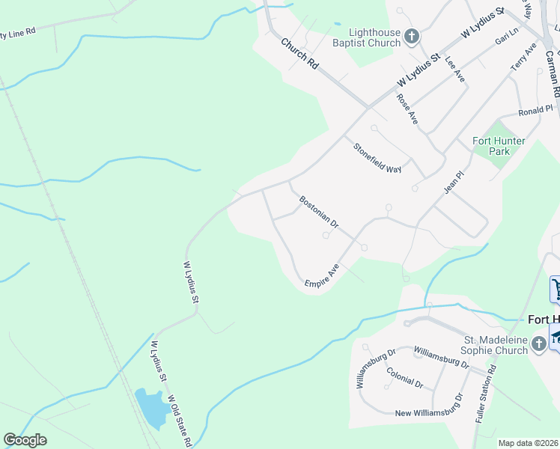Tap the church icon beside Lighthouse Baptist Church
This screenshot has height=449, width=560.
point(411,36)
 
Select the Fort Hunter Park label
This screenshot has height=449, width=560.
point(499,145)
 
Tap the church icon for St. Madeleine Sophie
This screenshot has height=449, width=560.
point(538,344)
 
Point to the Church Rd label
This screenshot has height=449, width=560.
point(299,54)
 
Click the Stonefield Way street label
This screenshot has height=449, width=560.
point(377,158)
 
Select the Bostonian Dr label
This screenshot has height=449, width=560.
point(319,213)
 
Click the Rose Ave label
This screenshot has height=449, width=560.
point(407,109)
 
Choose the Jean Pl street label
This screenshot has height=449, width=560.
point(454,182)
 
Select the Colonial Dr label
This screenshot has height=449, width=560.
point(404,377)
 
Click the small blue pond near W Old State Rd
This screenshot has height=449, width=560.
point(150,408)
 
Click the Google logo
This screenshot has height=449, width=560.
point(25,440)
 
